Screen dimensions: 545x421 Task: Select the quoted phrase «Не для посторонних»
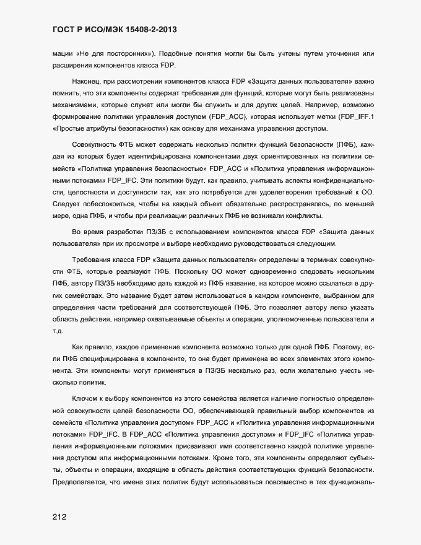tap(118, 54)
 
